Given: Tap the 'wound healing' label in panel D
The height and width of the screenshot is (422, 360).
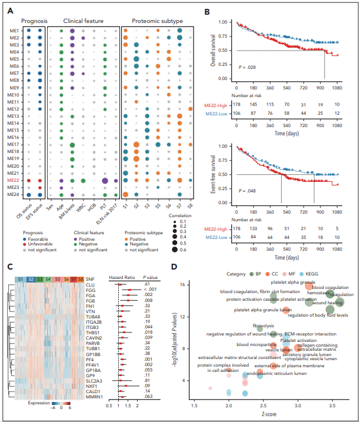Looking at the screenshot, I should point(315,303).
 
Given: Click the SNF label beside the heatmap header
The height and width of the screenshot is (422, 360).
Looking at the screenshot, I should point(90,278).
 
